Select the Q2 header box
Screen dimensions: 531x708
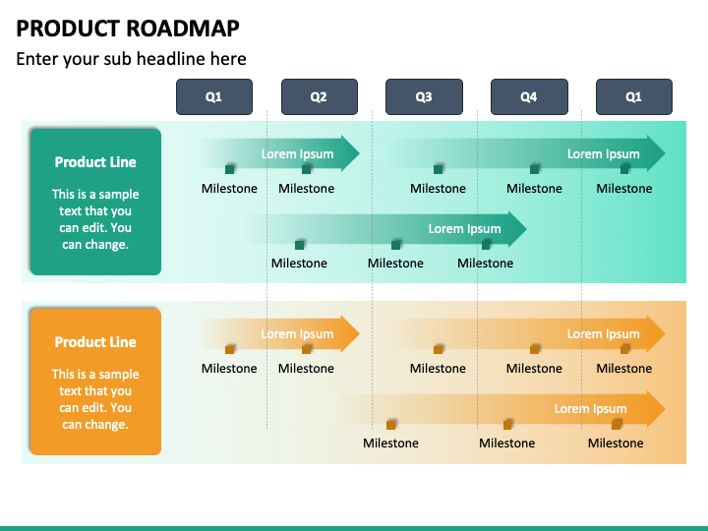[x=319, y=97]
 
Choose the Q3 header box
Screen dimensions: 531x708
[x=424, y=97]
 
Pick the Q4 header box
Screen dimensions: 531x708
[x=529, y=97]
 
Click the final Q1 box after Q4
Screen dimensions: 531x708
[x=634, y=97]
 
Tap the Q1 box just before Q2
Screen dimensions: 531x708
[x=213, y=97]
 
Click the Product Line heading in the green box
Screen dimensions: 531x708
[x=95, y=162]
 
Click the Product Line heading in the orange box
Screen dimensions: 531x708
[x=95, y=342]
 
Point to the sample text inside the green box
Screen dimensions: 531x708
[x=95, y=219]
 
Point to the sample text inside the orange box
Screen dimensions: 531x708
[x=95, y=399]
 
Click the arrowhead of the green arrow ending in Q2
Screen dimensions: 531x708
[x=350, y=153]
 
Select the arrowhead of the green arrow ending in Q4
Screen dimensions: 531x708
[x=516, y=228]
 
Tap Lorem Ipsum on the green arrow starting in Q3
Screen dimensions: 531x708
[x=603, y=153]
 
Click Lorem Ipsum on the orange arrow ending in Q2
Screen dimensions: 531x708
[x=297, y=333]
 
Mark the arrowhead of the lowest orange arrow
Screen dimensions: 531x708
[x=655, y=408]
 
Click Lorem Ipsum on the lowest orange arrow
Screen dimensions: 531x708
[x=590, y=408]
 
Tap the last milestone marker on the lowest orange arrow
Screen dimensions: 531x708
[x=617, y=424]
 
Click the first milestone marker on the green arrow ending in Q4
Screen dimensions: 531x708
[x=300, y=244]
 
